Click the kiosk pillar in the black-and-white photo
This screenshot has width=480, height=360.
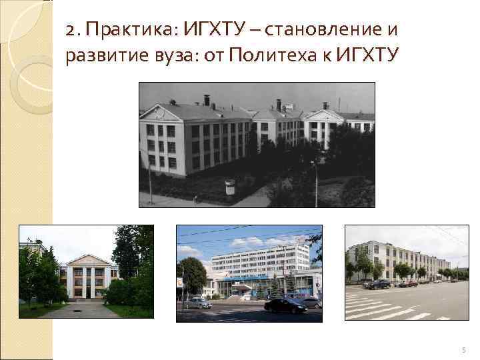(230, 187)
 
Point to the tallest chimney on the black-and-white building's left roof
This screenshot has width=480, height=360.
(207, 100)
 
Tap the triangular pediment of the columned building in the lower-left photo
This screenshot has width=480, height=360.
(87, 260)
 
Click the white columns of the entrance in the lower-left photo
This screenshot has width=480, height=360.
(87, 281)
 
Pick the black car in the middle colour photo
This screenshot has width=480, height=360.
(285, 305)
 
